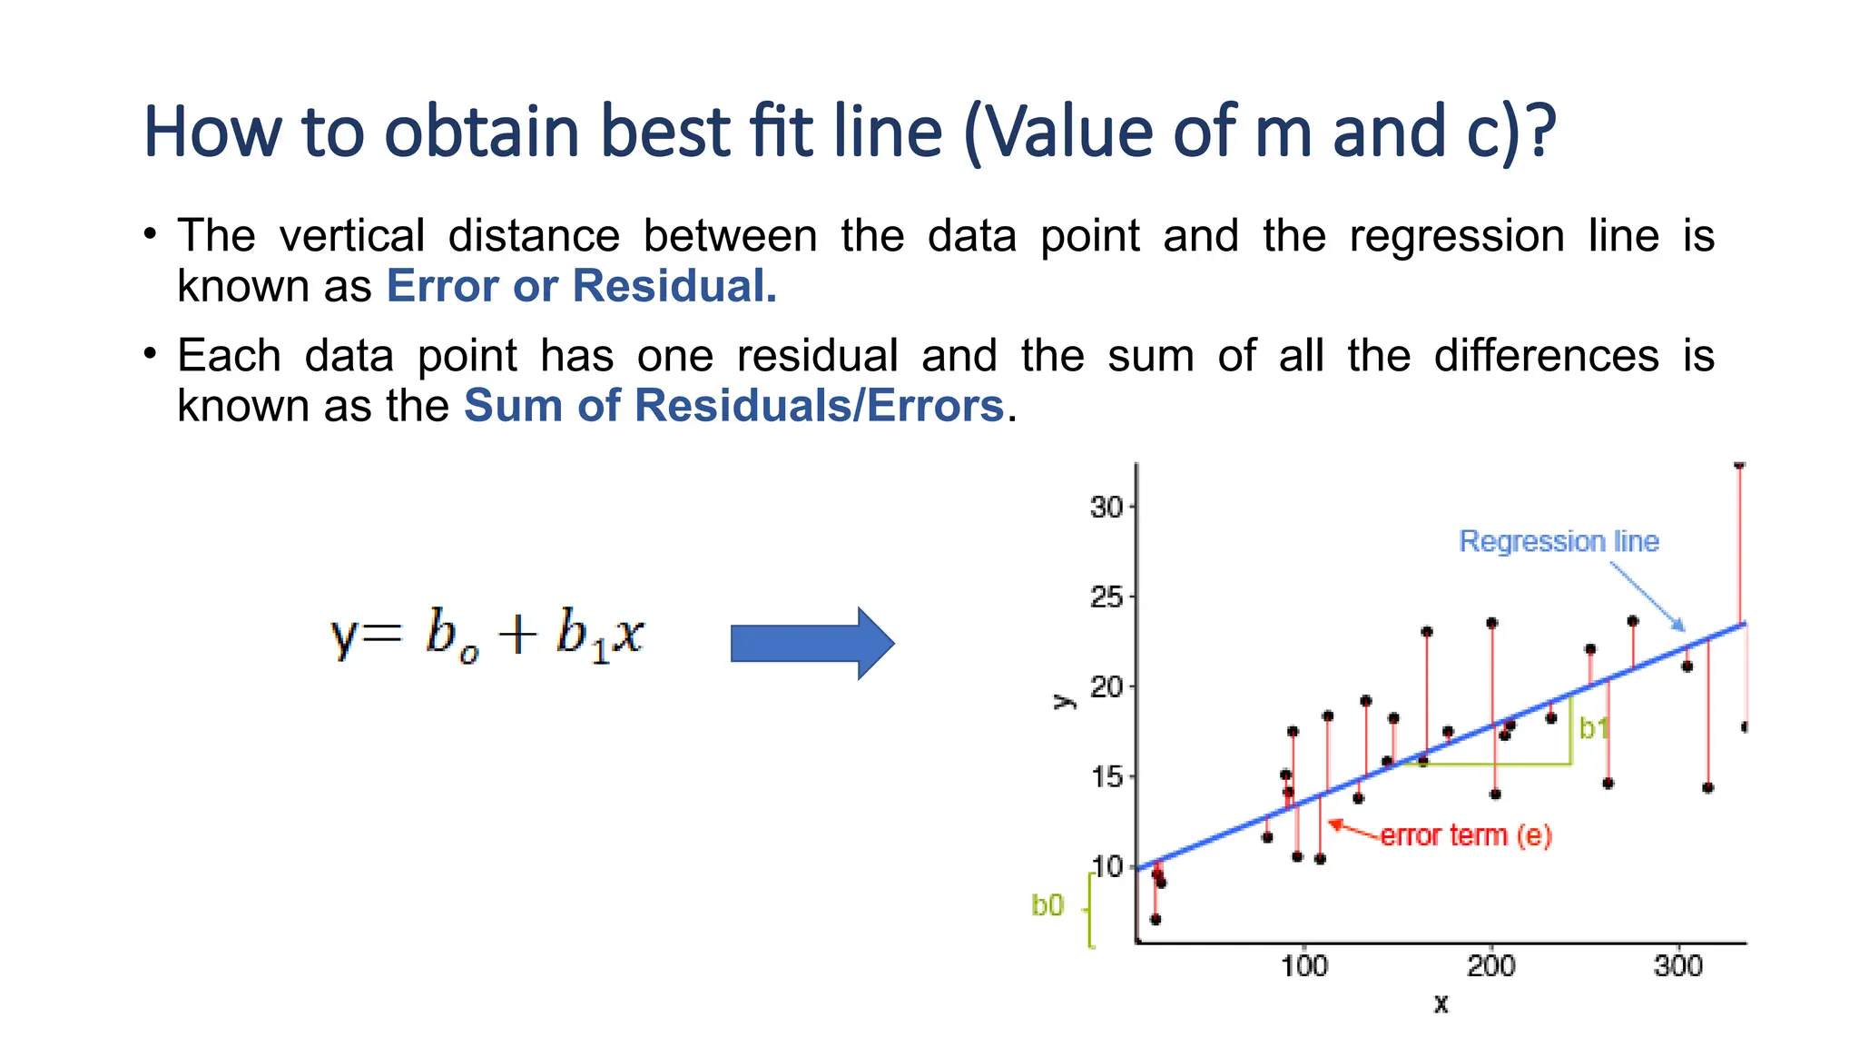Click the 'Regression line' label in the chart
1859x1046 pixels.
tap(1559, 541)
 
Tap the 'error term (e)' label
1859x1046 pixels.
tap(1466, 835)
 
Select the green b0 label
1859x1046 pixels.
tap(1048, 905)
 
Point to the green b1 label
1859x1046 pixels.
tap(1594, 728)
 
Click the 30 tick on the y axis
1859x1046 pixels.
tap(1107, 507)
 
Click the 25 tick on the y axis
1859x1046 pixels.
tap(1107, 597)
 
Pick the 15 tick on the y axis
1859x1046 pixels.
tap(1107, 777)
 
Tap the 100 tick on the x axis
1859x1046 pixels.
tap(1304, 965)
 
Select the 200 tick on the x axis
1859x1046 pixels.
tap(1491, 965)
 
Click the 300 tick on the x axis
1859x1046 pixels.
tap(1678, 965)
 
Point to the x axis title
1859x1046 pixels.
tap(1441, 1004)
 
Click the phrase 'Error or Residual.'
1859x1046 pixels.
tap(582, 287)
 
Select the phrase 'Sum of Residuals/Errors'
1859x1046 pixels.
tap(733, 406)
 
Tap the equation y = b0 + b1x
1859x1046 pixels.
tap(487, 635)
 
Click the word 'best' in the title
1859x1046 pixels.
tap(665, 132)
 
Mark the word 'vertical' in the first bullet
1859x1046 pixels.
tap(352, 236)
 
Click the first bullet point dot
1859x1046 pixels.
tap(151, 233)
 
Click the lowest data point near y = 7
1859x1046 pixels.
tap(1156, 919)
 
